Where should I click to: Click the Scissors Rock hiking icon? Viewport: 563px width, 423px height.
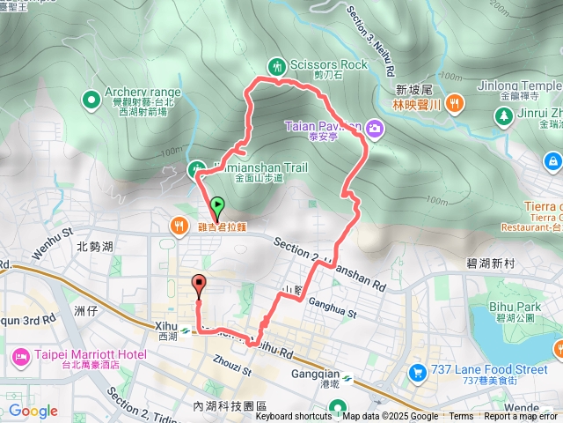tap(278, 65)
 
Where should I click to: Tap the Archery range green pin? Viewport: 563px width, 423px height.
tap(91, 100)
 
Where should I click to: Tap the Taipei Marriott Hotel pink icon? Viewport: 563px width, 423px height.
tap(19, 356)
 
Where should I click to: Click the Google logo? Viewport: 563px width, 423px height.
tap(33, 411)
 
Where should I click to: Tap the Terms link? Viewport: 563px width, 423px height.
tap(461, 417)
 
